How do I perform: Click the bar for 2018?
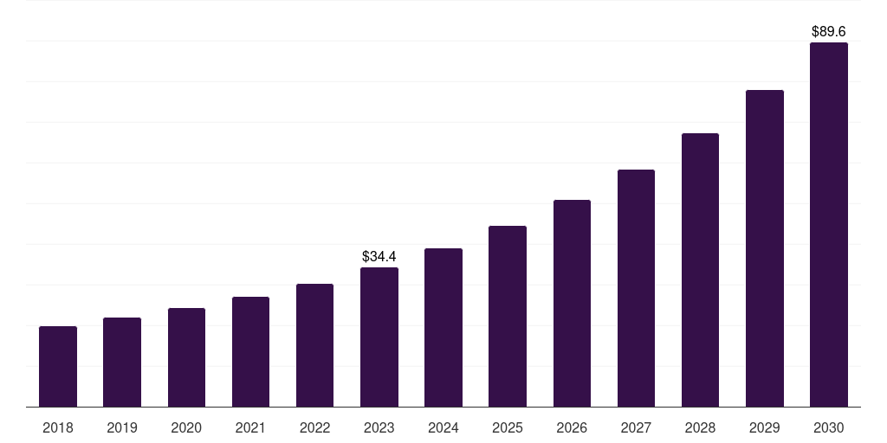coord(58,367)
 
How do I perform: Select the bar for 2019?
coord(122,363)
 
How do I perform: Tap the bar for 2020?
coord(186,357)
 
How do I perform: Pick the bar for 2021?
coord(250,352)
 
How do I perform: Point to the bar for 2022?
coord(314,345)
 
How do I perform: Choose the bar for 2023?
coord(379,337)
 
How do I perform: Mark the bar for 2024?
coord(443,328)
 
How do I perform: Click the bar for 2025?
coord(508,317)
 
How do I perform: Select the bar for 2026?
coord(572,304)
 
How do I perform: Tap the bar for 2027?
coord(636,288)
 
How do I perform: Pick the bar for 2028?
coord(700,270)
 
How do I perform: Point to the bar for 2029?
coord(765,248)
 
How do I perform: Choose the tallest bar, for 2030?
coord(829,225)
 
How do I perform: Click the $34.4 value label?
coord(379,256)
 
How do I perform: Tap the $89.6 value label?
coord(829,31)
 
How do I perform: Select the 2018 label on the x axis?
coord(58,427)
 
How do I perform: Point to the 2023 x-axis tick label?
coord(379,427)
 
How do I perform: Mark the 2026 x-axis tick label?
coord(572,427)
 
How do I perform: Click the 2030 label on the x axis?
coord(829,427)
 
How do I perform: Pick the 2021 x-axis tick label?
coord(250,427)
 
